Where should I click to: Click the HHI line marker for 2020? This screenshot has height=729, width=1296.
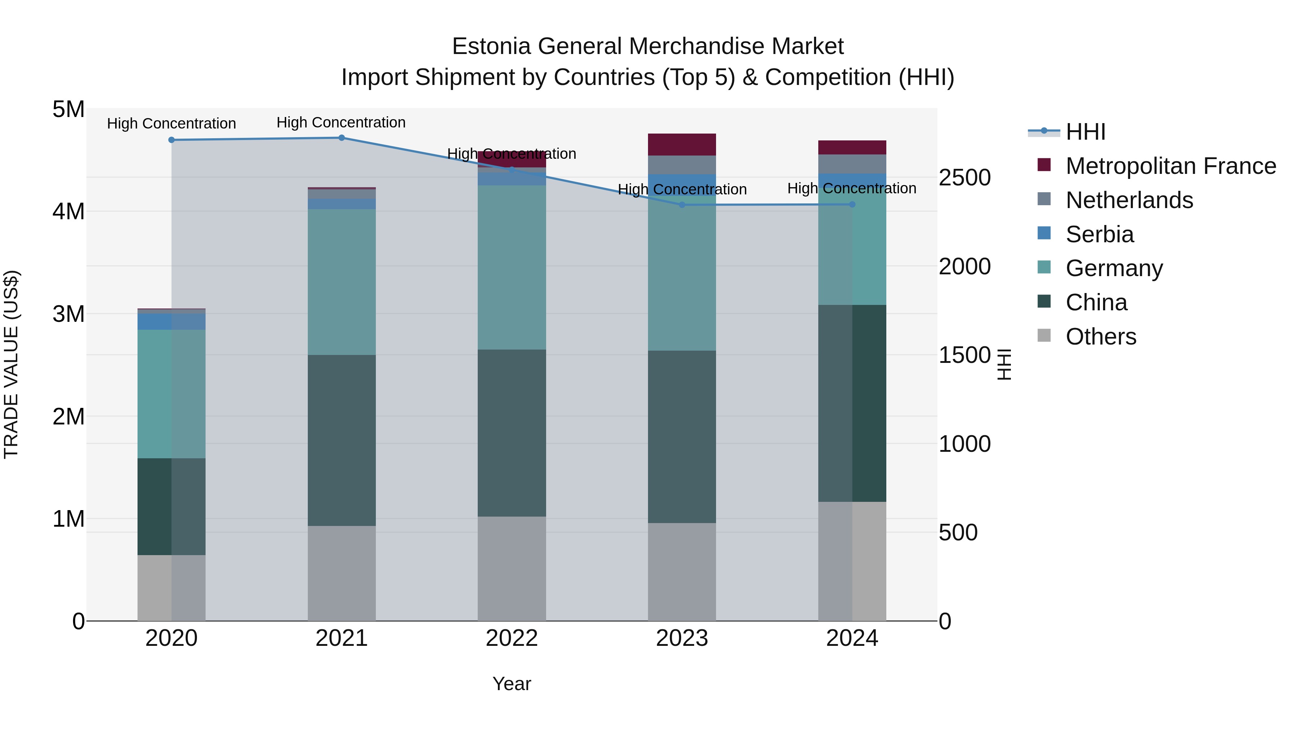tap(172, 140)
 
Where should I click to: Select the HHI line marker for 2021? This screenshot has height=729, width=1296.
tap(342, 138)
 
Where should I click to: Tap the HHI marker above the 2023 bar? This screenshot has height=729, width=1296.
tap(682, 205)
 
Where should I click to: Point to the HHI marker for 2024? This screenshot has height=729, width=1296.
tap(852, 204)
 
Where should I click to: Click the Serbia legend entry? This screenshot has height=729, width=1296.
tap(1099, 234)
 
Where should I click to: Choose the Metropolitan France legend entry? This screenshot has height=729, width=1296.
tap(1170, 166)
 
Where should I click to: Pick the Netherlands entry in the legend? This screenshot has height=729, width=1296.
tap(1129, 200)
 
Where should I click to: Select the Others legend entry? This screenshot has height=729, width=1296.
tap(1101, 337)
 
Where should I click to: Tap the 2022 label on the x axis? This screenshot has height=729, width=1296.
tap(512, 638)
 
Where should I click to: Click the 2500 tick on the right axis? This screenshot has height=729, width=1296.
tap(964, 177)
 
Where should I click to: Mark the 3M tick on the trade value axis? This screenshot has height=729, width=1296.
tap(68, 314)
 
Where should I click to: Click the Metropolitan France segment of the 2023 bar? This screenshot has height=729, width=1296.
tap(682, 144)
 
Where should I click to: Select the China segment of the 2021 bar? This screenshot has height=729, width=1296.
tap(342, 440)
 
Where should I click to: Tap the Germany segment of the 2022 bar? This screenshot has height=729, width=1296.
tap(512, 267)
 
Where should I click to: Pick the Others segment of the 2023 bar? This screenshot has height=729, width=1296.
tap(682, 572)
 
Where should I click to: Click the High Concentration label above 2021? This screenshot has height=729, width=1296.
tap(341, 122)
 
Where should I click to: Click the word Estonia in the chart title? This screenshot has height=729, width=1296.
tap(491, 46)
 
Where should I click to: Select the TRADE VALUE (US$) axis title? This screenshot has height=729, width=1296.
tap(11, 364)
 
